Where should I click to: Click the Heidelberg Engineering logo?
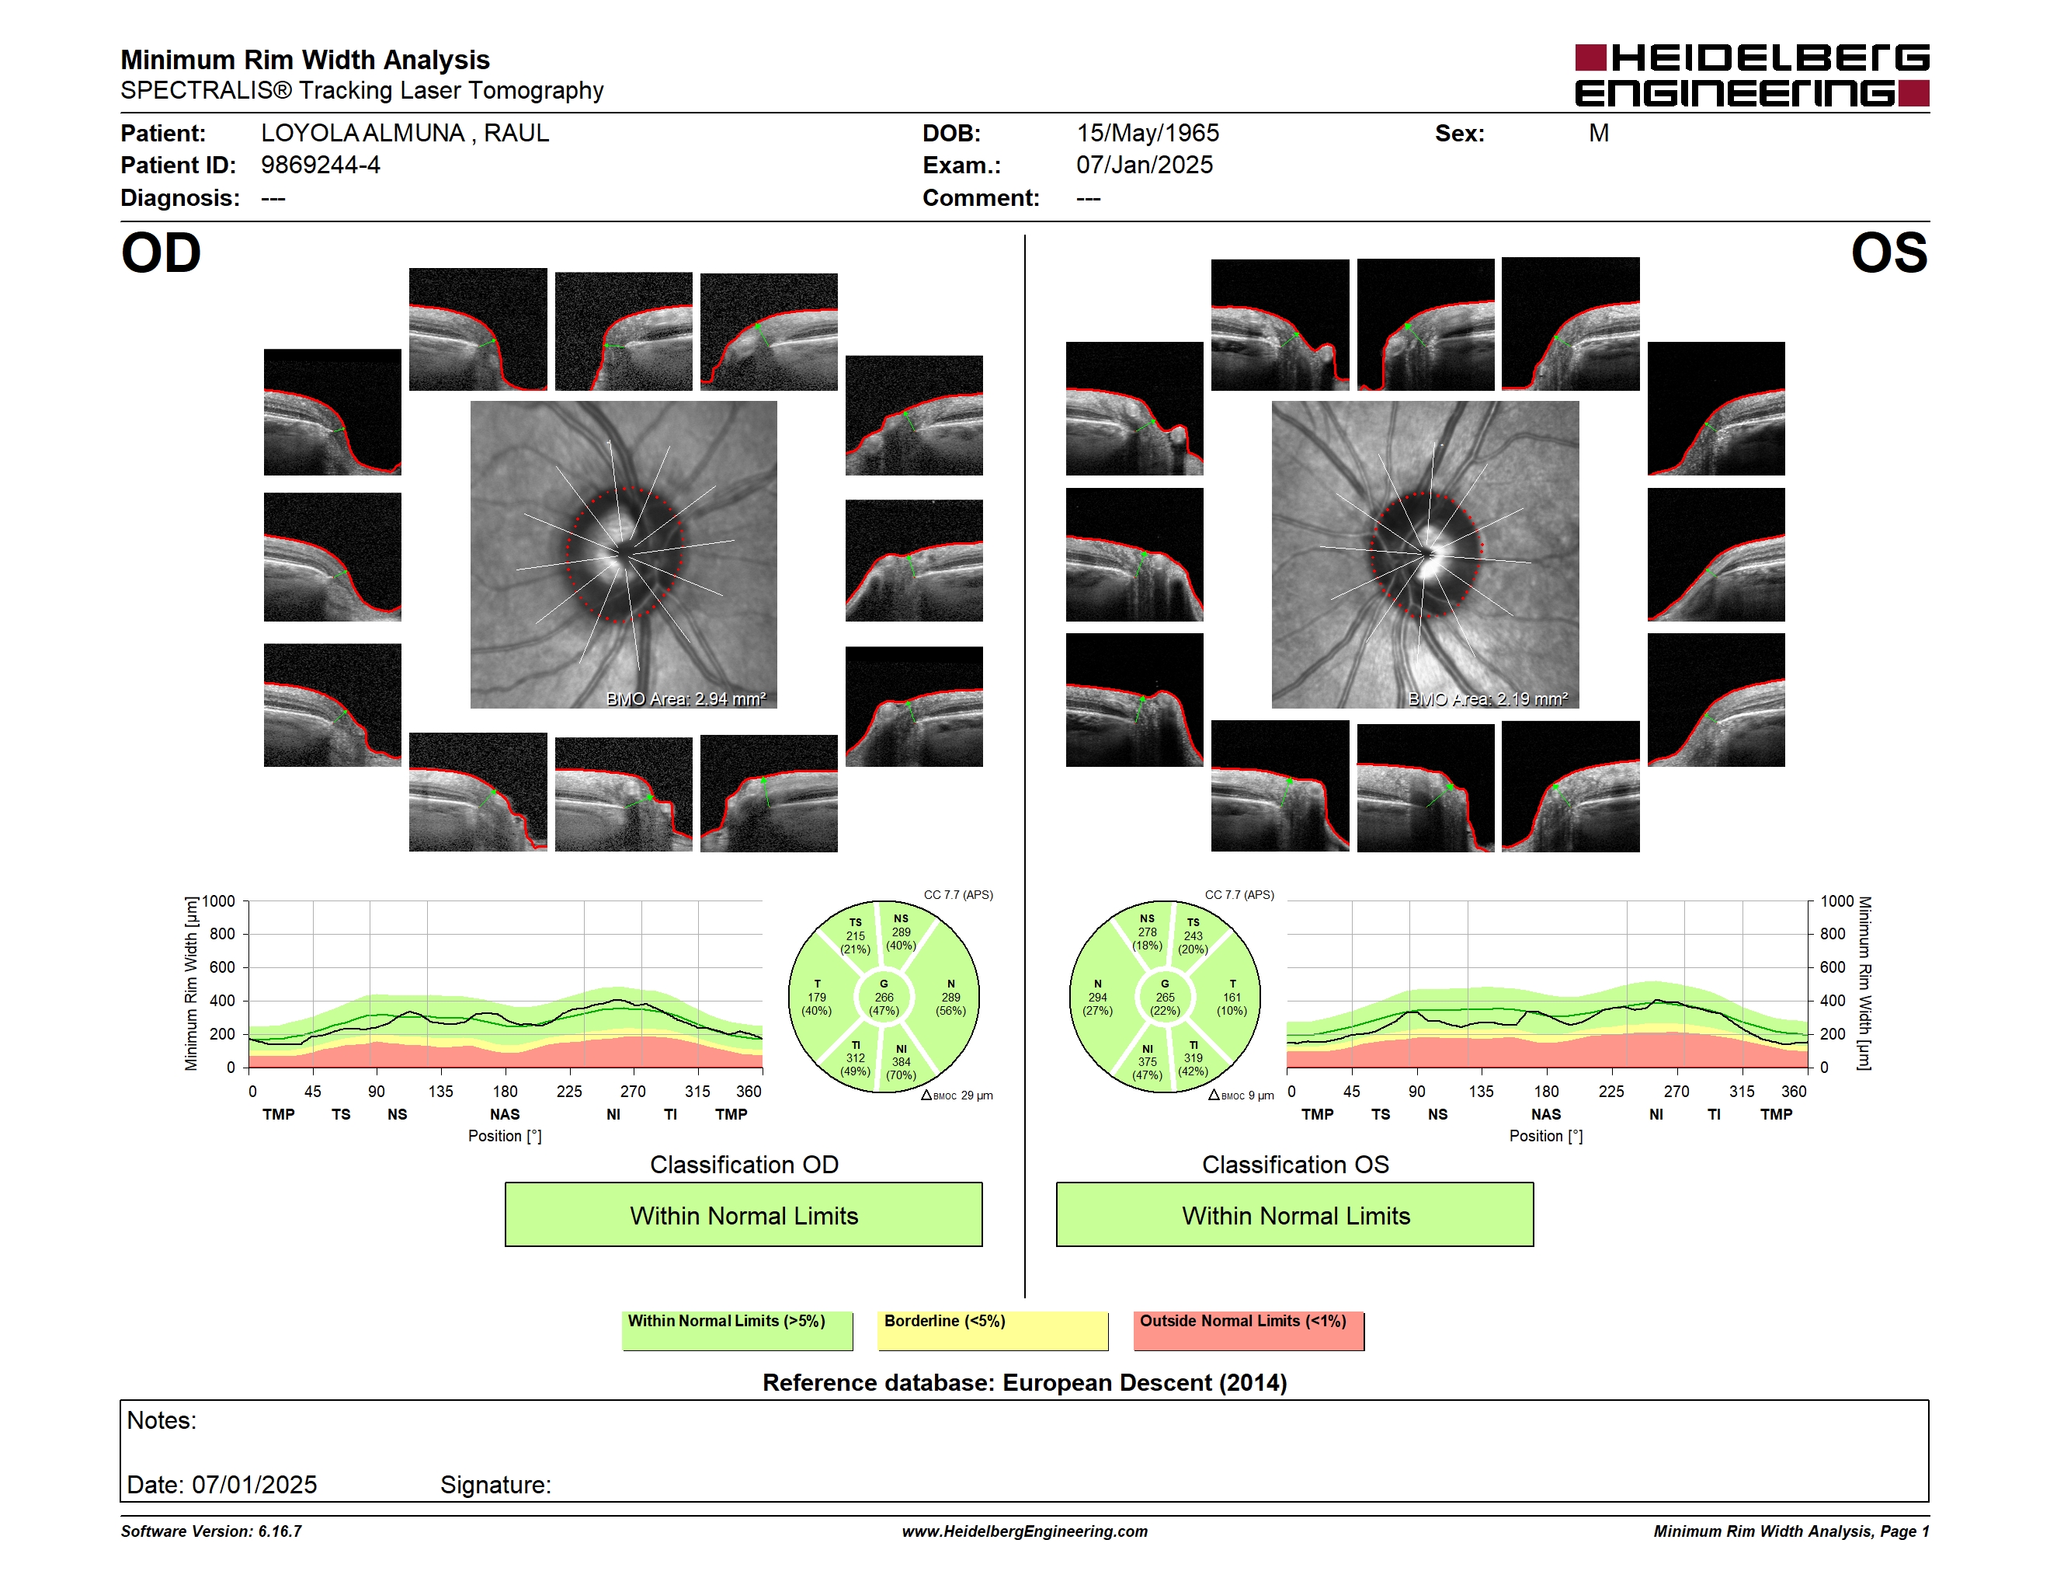pos(1752,75)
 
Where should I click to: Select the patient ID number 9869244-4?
pos(320,165)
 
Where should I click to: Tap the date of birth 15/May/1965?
pos(1147,134)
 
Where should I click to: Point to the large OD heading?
pos(161,253)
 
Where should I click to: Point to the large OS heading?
pos(1888,253)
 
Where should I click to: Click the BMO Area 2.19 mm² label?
pos(1487,698)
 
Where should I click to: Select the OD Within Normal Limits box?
pos(743,1214)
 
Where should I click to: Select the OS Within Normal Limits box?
pos(1294,1214)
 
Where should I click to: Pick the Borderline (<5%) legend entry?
pos(992,1330)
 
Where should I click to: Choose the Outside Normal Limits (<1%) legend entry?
pos(1249,1330)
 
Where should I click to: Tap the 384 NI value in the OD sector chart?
pos(901,1062)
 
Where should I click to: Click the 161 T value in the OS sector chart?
pos(1232,997)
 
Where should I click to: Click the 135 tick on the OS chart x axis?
pos(1481,1091)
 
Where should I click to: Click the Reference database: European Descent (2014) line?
pos(1024,1383)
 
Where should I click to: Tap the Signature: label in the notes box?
pos(495,1485)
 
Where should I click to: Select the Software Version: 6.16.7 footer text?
pos(211,1531)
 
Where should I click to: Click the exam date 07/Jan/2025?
pos(1145,165)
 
